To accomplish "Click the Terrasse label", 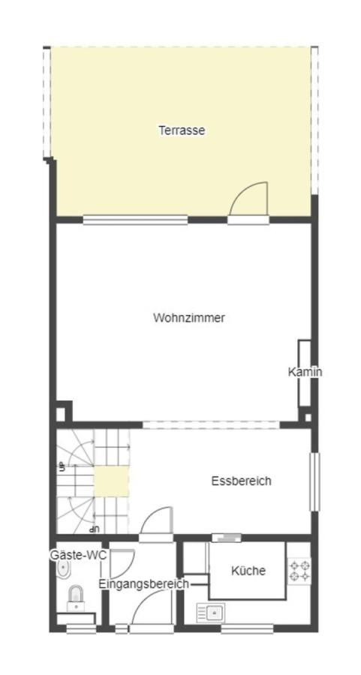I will click(x=181, y=130).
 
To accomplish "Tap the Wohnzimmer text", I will click(x=188, y=317).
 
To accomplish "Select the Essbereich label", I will click(x=241, y=481).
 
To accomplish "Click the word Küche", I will click(x=248, y=570).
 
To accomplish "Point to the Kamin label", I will click(x=305, y=371).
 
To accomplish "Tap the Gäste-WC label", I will click(x=78, y=555).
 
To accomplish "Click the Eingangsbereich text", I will click(x=143, y=583).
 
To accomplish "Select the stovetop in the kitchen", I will click(x=300, y=571).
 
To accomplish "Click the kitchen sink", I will click(x=211, y=613).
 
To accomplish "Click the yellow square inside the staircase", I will click(x=110, y=481).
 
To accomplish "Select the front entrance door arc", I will click(x=154, y=607).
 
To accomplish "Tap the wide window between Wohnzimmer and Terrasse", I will click(x=135, y=220).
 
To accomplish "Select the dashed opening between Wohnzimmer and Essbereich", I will click(x=211, y=424).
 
